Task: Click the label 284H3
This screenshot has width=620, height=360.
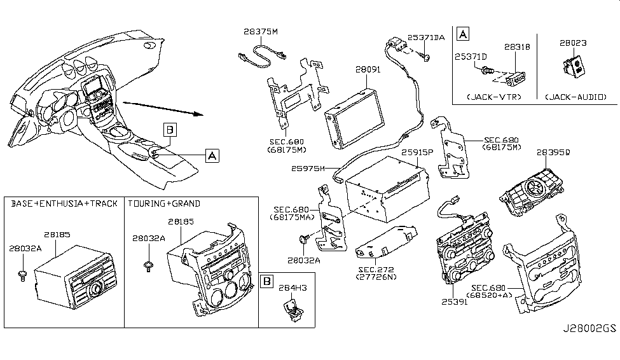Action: pos(295,289)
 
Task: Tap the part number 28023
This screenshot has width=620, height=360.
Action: pos(573,43)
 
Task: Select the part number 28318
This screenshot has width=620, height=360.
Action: pos(516,47)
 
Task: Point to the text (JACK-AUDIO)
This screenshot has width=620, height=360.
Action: pos(575,97)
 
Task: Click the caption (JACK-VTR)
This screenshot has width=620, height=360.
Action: pos(493,97)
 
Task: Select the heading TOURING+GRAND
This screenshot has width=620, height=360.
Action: pos(164,204)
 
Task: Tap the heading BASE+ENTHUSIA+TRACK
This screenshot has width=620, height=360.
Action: pos(64,204)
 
